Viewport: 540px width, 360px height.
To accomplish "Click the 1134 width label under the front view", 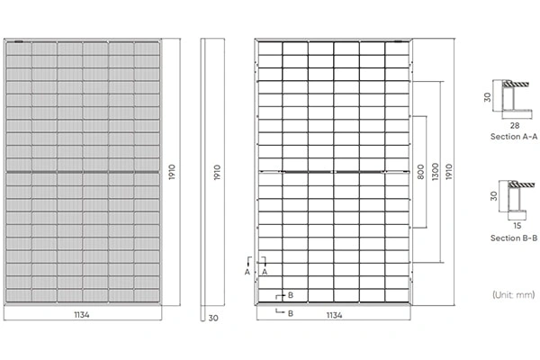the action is (82, 314).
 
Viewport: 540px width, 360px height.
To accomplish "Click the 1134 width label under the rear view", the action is (334, 315).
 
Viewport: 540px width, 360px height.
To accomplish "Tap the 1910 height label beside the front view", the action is (172, 172).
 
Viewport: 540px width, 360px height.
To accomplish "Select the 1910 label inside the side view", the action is (217, 172).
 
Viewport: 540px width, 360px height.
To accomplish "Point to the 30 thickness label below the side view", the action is (213, 318).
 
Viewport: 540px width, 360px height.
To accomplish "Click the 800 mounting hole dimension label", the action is (420, 172).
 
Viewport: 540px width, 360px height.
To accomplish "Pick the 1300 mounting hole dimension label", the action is (436, 172).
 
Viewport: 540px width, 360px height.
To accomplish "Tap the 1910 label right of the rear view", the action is (449, 172).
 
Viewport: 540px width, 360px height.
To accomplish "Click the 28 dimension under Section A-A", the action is (515, 126).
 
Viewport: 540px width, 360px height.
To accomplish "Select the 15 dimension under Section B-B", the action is (517, 226).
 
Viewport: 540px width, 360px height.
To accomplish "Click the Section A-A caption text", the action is (514, 137).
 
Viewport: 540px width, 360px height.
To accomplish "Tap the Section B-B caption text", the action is (514, 238).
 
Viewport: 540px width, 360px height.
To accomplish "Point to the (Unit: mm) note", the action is (514, 294).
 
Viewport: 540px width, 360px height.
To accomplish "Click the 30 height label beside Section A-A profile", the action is (487, 97).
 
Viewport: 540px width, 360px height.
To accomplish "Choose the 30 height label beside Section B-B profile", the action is (494, 196).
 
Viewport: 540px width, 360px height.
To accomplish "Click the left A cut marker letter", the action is (247, 272).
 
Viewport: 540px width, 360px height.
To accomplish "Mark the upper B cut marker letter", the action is (291, 295).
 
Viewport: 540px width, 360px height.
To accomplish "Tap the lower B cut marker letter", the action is (291, 313).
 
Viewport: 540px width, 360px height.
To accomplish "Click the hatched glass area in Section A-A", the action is (516, 84).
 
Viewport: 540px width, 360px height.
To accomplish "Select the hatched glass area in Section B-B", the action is (522, 184).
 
